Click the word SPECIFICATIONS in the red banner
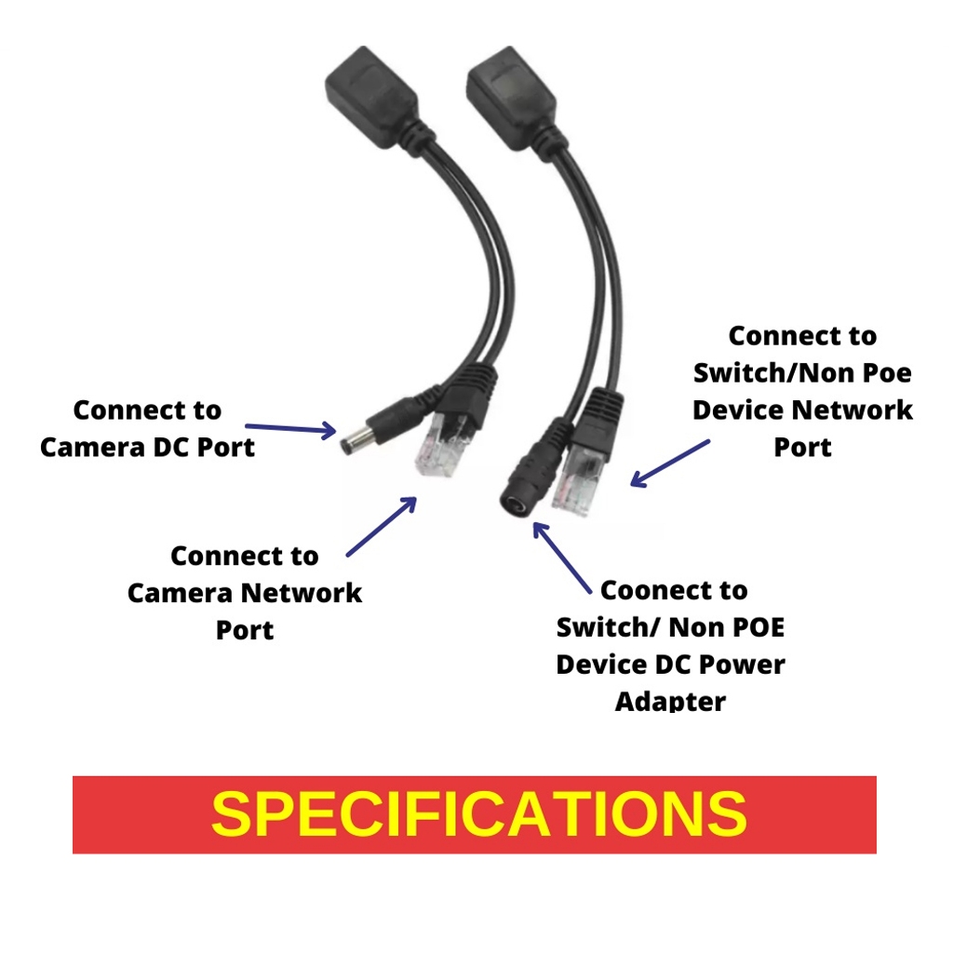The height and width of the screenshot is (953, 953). click(478, 814)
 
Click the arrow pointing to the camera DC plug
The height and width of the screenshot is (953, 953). click(289, 428)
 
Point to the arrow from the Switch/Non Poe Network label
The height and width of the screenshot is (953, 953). click(670, 463)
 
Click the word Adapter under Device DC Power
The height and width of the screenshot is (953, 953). click(670, 701)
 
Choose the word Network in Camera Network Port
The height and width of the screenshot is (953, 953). click(302, 593)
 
